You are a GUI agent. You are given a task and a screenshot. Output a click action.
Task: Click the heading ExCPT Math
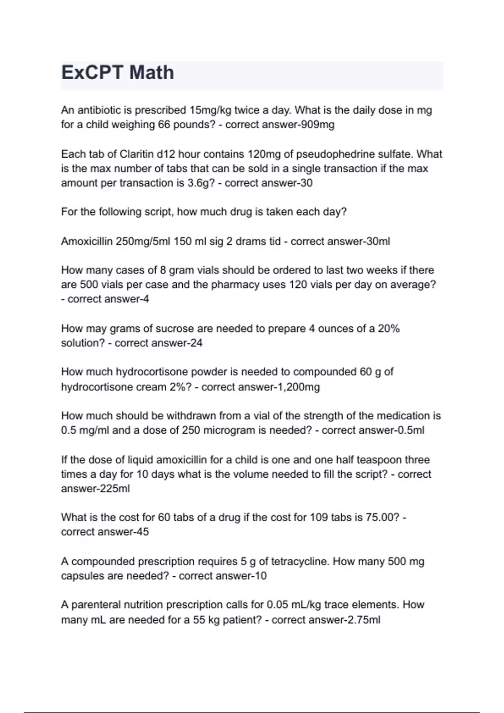pos(118,73)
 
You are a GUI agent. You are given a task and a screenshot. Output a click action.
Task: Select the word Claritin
pos(136,154)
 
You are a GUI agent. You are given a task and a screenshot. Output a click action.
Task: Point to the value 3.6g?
pos(199,183)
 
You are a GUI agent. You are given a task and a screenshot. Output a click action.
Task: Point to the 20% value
pos(388,328)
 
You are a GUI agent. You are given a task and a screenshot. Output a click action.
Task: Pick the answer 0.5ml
pos(410,430)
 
